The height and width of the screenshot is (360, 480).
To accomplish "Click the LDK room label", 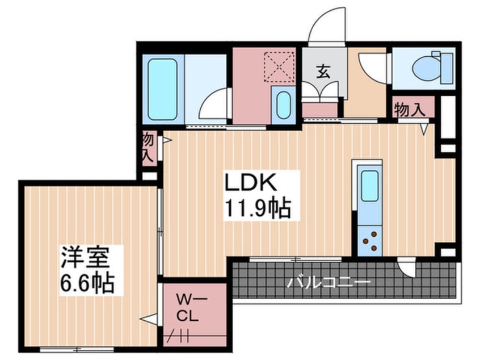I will [251, 183].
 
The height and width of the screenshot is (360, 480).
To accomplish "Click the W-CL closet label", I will [187, 306].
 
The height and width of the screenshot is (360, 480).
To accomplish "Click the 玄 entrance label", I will [323, 72].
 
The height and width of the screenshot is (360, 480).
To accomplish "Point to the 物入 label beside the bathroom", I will [148, 147].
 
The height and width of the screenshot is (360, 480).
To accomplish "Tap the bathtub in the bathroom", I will [162, 89].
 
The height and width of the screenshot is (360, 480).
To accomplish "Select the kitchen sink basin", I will [369, 186].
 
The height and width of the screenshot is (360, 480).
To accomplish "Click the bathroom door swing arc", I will [214, 105].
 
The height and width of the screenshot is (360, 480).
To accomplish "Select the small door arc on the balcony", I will [406, 267].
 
